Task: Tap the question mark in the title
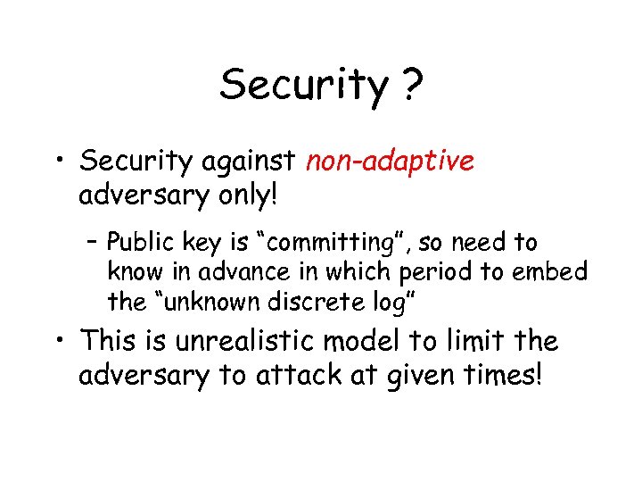[x=411, y=85]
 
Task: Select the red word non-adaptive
[x=390, y=162]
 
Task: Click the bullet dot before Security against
[x=59, y=162]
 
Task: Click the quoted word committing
[x=323, y=243]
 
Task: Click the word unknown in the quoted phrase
[x=198, y=302]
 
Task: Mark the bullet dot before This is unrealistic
[x=59, y=342]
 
